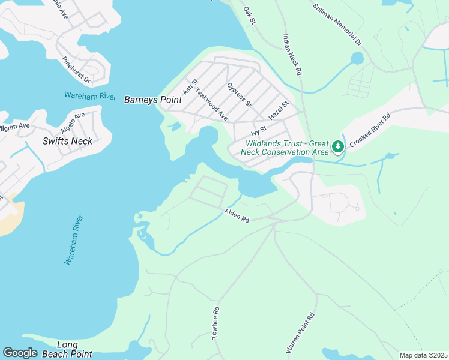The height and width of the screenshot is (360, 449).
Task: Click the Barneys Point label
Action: pyautogui.click(x=152, y=100)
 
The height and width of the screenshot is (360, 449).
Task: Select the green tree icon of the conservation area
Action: pyautogui.click(x=338, y=146)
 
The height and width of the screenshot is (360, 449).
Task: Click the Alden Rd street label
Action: pyautogui.click(x=237, y=215)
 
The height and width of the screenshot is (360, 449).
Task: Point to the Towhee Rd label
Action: pyautogui.click(x=216, y=323)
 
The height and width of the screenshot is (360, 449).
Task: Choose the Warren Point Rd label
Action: pyautogui.click(x=300, y=332)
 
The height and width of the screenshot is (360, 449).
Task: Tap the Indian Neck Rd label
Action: pyautogui.click(x=291, y=54)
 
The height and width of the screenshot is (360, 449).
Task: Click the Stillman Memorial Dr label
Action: pyautogui.click(x=338, y=24)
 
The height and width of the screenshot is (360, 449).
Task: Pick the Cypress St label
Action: pyautogui.click(x=239, y=95)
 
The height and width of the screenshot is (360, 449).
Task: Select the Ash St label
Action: pyautogui.click(x=190, y=87)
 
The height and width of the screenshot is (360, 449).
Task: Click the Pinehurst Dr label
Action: pyautogui.click(x=76, y=70)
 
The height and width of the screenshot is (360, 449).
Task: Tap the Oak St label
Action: pyautogui.click(x=250, y=16)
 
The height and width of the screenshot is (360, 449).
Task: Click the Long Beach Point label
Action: pyautogui.click(x=67, y=349)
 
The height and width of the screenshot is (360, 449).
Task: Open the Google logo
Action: pyautogui.click(x=20, y=353)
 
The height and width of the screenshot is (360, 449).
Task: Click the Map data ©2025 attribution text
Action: pyautogui.click(x=423, y=355)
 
